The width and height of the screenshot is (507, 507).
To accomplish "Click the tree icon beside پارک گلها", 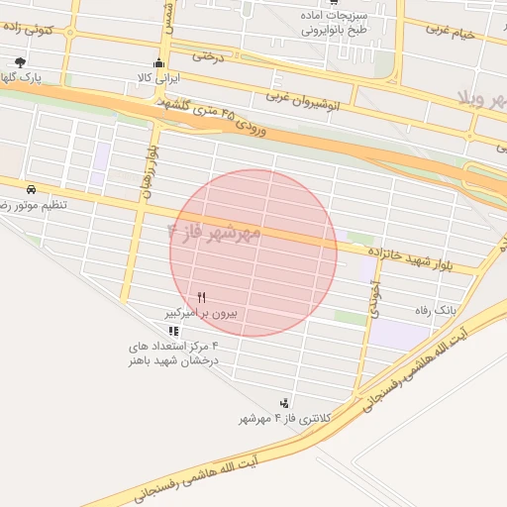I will pos(21,62).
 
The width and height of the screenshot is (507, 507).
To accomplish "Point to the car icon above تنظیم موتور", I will pos(32,188).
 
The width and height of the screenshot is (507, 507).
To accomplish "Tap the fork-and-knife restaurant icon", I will pos(202,296).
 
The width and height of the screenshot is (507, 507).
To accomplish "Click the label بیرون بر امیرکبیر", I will pos(202,313).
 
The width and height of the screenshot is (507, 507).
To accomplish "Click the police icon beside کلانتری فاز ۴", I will pos(285,403).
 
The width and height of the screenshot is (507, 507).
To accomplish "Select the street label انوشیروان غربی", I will pos(303,98).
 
